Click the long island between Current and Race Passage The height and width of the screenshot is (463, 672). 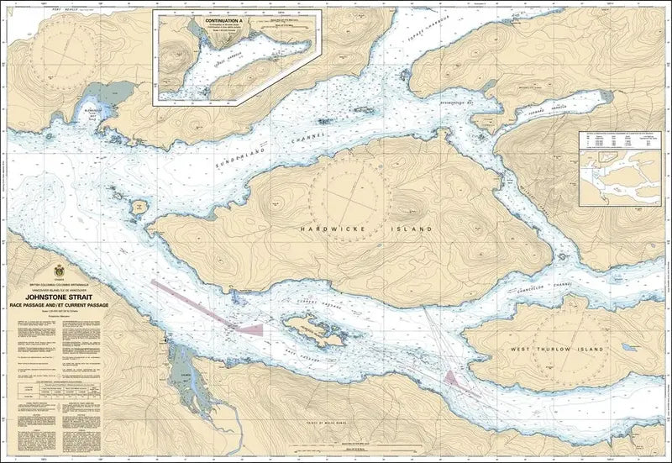click(315, 334)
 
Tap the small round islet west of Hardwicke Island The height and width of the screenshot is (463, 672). click(137, 204)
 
